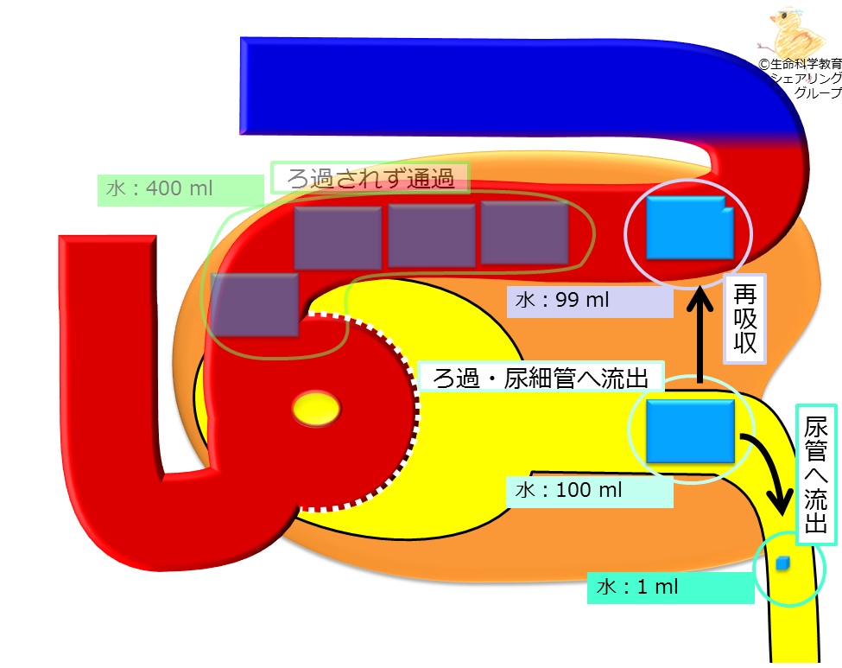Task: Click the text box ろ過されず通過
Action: point(370,178)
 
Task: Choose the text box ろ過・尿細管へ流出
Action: point(541,377)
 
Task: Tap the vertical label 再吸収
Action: point(744,319)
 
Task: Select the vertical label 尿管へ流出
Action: point(816,474)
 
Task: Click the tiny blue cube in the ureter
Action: point(783,563)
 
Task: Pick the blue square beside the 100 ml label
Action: point(690,431)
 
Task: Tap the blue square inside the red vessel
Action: point(690,228)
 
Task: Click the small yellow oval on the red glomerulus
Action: point(316,409)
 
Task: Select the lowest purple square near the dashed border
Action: point(255,305)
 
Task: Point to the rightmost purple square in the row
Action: point(525,233)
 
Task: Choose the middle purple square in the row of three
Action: point(432,235)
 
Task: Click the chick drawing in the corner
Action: point(794,31)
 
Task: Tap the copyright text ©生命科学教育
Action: point(800,64)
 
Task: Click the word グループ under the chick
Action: point(818,92)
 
